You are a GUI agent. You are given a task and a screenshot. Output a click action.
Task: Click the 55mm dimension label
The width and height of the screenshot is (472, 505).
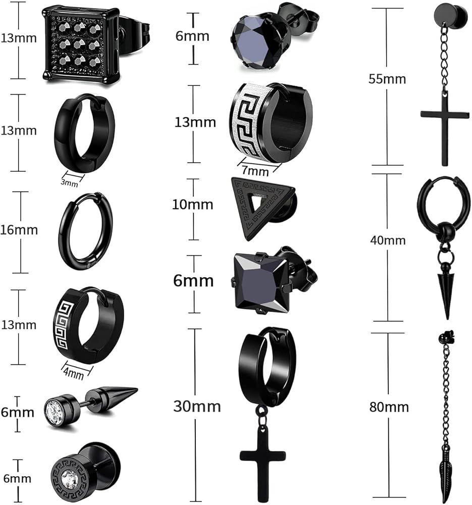click(387, 79)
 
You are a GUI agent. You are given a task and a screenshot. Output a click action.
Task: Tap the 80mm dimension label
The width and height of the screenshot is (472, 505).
click(389, 407)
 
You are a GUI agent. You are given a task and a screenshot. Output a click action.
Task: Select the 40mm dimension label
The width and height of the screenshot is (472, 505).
click(388, 240)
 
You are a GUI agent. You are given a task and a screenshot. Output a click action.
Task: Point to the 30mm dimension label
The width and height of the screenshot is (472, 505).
click(197, 407)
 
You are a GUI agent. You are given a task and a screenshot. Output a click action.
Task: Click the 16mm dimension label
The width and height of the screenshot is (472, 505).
click(19, 230)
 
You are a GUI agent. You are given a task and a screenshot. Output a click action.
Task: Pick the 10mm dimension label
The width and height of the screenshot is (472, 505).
click(192, 205)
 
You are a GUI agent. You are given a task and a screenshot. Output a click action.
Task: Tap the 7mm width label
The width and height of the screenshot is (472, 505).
click(255, 171)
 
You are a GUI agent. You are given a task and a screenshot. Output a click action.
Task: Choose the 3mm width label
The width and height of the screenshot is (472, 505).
click(70, 183)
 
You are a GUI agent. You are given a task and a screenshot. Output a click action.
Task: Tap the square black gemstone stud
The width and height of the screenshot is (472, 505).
click(261, 282)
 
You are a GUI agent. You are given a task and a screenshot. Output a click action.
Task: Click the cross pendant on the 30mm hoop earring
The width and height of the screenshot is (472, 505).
click(263, 463)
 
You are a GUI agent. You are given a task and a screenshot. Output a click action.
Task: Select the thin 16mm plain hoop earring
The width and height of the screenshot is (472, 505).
click(86, 231)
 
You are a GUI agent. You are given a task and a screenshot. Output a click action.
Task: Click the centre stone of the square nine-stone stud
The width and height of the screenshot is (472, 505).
click(79, 44)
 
